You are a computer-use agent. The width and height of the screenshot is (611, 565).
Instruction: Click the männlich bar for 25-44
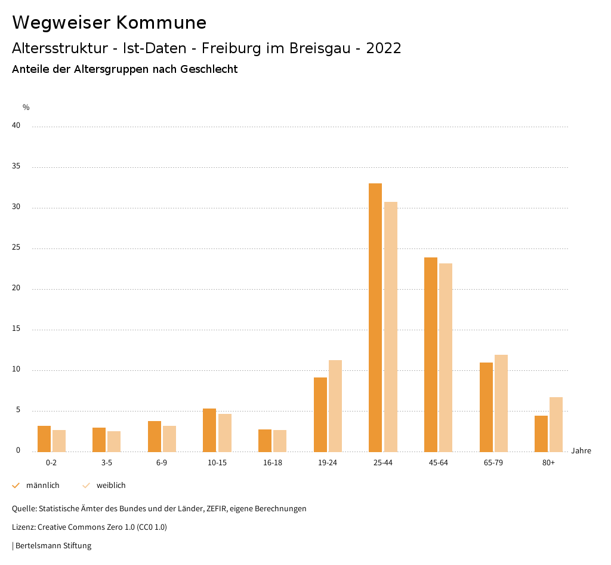click(x=375, y=317)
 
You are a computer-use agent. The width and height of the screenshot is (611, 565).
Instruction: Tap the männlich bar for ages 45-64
click(x=431, y=354)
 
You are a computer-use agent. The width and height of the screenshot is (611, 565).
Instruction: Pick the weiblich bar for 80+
click(x=556, y=424)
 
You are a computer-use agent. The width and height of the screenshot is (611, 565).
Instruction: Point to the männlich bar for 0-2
click(x=44, y=438)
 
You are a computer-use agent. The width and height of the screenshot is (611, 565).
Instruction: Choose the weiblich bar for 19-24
click(x=335, y=406)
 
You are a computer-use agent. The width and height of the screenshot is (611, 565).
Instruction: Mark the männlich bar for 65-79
click(x=486, y=407)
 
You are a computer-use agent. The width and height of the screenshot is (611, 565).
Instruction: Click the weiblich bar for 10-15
click(x=225, y=432)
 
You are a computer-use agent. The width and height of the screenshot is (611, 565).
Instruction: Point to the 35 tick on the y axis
click(x=16, y=167)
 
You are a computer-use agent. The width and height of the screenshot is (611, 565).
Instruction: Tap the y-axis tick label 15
click(x=16, y=329)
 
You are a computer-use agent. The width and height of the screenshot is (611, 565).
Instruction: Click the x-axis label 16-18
click(x=273, y=463)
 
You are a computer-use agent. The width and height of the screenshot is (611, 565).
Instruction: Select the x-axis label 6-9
click(x=162, y=463)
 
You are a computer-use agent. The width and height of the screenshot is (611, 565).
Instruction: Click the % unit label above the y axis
click(x=26, y=108)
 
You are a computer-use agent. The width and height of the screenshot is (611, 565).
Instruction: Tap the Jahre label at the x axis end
click(x=581, y=451)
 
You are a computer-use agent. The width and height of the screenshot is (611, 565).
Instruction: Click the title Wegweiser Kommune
click(x=109, y=22)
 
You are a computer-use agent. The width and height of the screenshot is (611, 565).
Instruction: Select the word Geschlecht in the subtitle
click(x=212, y=69)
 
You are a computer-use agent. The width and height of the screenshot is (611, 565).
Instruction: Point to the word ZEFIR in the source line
click(x=218, y=509)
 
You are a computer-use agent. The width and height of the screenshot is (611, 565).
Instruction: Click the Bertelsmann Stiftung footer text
click(x=53, y=545)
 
